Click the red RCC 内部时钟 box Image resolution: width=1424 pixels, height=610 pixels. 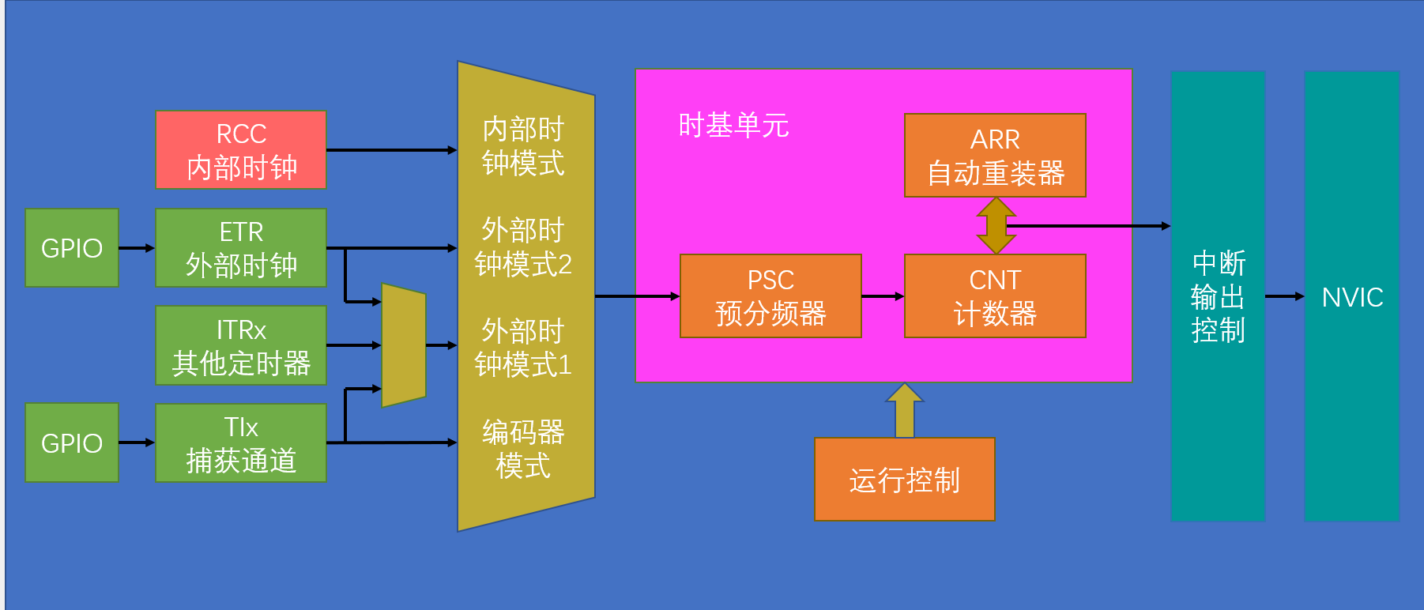pos(240,150)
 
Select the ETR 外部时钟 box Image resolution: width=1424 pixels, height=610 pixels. pos(240,248)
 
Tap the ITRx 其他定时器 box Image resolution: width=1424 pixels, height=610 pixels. pos(240,346)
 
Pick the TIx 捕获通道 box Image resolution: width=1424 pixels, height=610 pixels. pos(240,443)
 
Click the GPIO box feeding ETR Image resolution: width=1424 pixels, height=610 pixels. pos(72,248)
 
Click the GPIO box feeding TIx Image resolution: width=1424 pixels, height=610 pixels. pos(72,443)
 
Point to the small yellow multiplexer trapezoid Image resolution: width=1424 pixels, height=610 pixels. pos(403,345)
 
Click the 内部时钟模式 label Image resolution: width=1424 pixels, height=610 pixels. pos(523,146)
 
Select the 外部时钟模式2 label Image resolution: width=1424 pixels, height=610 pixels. pos(523,247)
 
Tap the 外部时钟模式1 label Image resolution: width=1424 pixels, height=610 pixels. pos(523,348)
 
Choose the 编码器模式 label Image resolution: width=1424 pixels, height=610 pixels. pos(523,449)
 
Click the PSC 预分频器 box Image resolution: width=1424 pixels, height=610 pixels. pos(770,296)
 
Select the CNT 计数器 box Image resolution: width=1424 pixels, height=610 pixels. pos(995,296)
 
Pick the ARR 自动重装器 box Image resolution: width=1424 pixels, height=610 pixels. pos(995,156)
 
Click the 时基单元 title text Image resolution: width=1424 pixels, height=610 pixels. pos(733,126)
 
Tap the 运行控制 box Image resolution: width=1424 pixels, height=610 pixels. pos(904,480)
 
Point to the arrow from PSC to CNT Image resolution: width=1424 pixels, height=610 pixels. pos(883,296)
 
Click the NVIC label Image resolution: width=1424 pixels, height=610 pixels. pos(1352,297)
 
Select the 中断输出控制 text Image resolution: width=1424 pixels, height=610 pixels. pos(1218,296)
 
